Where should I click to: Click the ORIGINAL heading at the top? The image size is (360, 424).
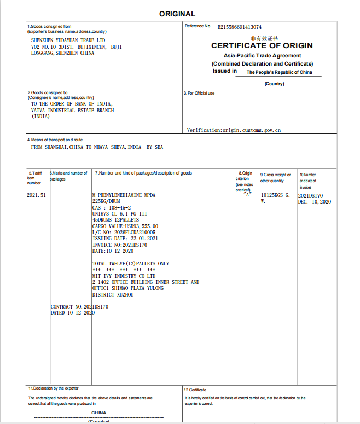177,14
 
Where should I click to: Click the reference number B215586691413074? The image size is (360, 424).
239,27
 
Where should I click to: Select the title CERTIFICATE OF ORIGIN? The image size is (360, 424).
262,46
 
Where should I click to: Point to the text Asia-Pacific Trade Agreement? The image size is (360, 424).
262,56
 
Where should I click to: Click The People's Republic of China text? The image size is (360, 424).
279,72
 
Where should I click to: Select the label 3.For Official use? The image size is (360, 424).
199,93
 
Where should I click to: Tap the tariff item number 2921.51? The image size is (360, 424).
37,195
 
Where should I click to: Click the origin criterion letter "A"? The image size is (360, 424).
247,194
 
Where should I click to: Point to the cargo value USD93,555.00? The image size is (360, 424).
125,226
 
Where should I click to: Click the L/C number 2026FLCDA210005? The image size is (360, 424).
124,232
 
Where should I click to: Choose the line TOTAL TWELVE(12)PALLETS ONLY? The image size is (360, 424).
131,264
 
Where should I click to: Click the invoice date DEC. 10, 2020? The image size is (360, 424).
315,202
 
